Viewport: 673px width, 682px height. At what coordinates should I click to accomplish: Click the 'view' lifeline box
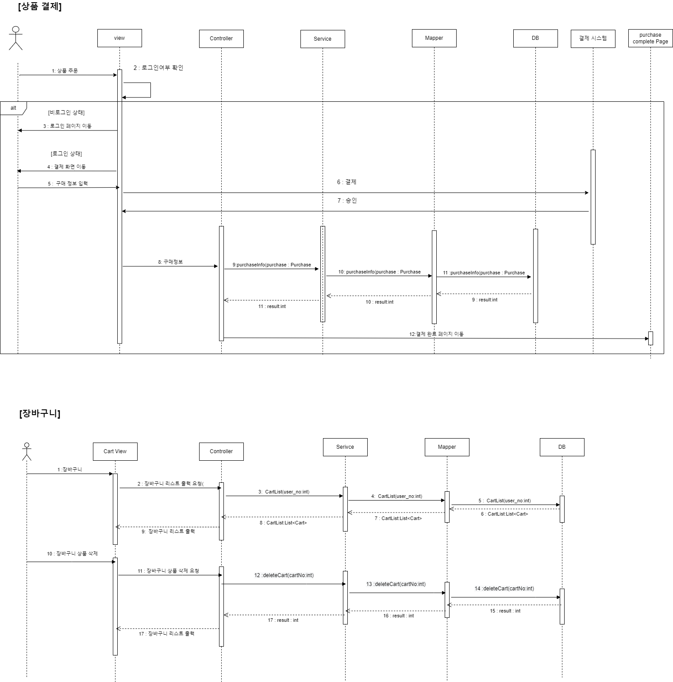click(x=119, y=38)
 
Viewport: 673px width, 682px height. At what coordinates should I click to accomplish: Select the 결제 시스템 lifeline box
click(x=593, y=39)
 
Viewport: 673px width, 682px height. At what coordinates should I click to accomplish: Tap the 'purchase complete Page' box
click(x=650, y=38)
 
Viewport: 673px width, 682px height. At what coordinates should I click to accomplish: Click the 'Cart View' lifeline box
click(x=115, y=451)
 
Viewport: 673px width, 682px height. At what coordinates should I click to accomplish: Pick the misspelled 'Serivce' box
click(x=345, y=447)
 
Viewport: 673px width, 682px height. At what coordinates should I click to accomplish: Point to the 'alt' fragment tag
click(x=13, y=108)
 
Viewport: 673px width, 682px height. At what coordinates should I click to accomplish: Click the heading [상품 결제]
click(x=40, y=7)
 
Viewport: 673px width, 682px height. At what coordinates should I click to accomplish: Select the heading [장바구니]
click(x=40, y=413)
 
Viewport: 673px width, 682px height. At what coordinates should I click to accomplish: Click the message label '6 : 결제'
click(x=346, y=182)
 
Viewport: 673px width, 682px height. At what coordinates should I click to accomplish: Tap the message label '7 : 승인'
click(x=347, y=200)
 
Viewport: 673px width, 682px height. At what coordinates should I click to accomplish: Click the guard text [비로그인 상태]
click(x=66, y=112)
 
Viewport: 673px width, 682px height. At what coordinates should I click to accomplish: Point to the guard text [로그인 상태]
click(x=66, y=154)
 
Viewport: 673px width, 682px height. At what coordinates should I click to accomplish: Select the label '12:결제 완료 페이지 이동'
click(x=436, y=334)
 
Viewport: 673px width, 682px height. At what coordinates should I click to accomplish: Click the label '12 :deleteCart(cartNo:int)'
click(x=284, y=575)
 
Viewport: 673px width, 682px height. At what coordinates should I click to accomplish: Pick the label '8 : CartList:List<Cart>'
click(x=283, y=523)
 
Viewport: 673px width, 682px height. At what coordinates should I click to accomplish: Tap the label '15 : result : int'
click(x=505, y=611)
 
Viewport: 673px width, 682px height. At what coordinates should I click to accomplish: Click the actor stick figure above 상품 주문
click(x=16, y=38)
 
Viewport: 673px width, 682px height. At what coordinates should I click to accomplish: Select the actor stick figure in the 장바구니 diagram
click(x=27, y=451)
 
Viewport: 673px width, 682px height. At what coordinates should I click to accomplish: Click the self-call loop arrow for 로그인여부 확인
click(x=150, y=90)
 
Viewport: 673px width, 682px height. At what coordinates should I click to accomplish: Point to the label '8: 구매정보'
click(x=170, y=262)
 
